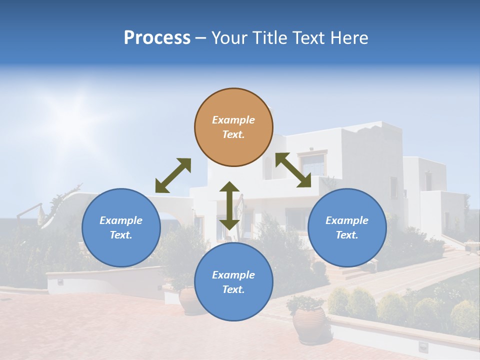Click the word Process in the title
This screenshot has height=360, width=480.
(157, 37)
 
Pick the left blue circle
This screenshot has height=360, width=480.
(121, 227)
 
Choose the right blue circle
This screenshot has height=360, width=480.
(347, 227)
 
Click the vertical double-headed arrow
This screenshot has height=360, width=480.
(229, 205)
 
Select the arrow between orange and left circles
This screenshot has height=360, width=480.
(173, 175)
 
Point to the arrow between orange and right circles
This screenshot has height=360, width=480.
(293, 170)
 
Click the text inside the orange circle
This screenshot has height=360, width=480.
(233, 127)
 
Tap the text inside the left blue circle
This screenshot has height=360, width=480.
(121, 227)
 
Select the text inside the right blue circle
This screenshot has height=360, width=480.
(347, 227)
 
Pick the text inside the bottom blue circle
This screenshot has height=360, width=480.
(233, 282)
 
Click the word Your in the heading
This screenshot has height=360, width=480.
(227, 37)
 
